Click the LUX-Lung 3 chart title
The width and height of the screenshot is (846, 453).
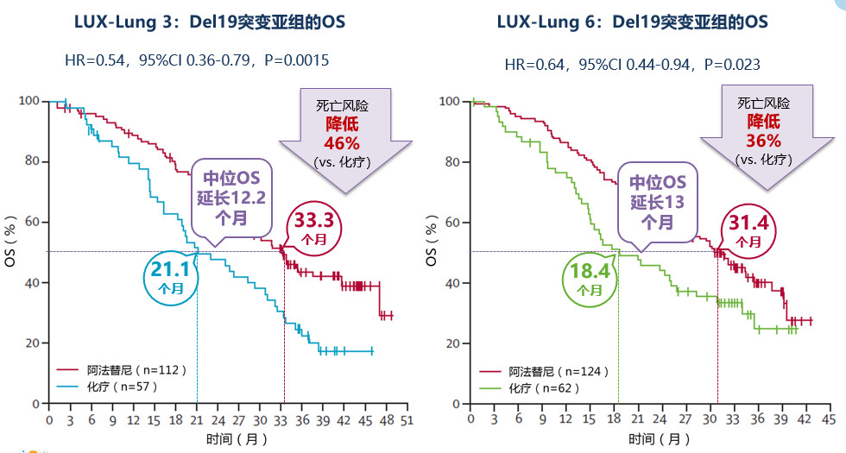pos(212,21)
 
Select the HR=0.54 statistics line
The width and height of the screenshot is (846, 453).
pos(197,60)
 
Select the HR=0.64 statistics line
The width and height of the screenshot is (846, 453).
pos(633,64)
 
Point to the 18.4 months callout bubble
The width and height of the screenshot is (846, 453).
pos(590,278)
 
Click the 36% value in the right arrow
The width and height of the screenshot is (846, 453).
pos(763,140)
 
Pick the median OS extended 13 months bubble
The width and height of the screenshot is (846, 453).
pos(657,200)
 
